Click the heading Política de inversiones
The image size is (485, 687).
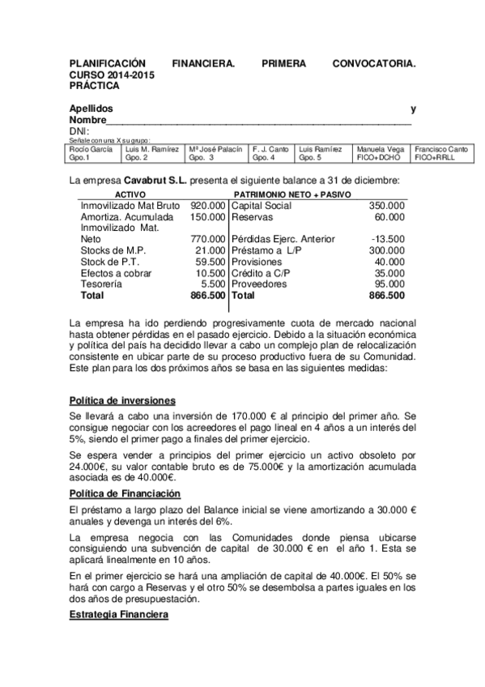click(x=122, y=399)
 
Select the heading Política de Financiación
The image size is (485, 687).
click(x=125, y=493)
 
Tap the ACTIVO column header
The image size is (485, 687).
click(x=131, y=195)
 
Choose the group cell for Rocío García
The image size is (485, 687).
click(x=91, y=154)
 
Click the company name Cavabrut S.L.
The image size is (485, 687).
click(x=155, y=180)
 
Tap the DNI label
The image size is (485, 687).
click(x=79, y=131)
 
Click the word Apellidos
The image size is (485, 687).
click(x=91, y=109)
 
